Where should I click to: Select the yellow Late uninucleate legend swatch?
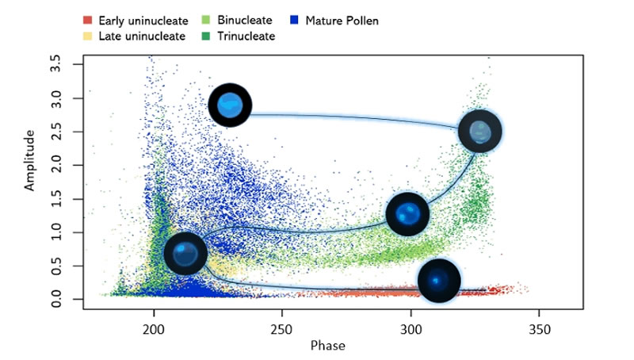(87, 36)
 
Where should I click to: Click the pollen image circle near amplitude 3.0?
(230, 105)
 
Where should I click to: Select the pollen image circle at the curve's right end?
(479, 131)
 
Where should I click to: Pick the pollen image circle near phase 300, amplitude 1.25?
(407, 214)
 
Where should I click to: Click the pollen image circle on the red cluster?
(438, 280)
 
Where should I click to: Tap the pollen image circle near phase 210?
(185, 254)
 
